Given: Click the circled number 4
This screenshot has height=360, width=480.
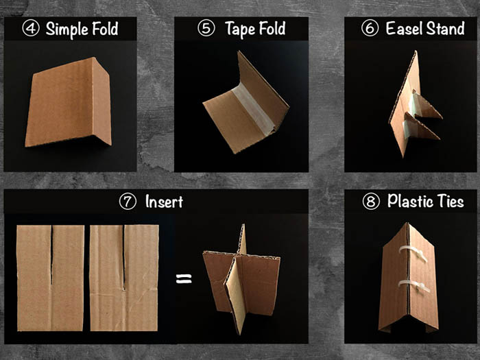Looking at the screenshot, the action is tap(31, 29).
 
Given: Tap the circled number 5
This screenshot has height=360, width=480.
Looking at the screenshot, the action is tap(206, 28).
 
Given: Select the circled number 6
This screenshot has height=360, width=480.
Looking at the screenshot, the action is tap(370, 28).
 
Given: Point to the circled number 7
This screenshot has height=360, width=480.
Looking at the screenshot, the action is tap(128, 202).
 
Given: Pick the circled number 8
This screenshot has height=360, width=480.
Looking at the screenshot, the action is tap(371, 202).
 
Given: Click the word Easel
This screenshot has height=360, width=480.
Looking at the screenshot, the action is tap(404, 29).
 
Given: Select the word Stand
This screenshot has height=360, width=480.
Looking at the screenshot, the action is tap(446, 29).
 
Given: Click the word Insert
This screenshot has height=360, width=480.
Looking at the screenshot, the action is tap(164, 202).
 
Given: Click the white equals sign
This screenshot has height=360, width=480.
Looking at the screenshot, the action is tap(184, 278).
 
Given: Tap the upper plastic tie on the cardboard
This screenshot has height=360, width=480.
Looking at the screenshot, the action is tap(413, 253).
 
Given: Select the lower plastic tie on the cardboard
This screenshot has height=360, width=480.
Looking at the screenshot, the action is tap(414, 286).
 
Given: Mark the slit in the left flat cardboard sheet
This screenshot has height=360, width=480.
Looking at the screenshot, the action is tap(51, 255).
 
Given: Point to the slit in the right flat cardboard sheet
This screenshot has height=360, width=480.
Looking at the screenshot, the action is tap(124, 258).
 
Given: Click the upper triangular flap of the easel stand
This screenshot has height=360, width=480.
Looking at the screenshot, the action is tap(426, 106).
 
